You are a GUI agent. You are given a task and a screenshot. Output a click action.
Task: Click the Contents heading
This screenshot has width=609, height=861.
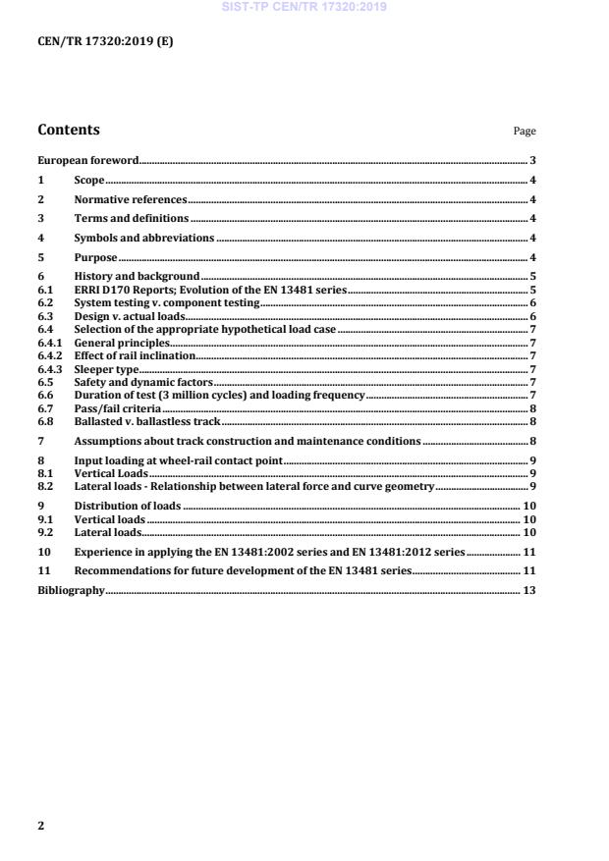coord(68,130)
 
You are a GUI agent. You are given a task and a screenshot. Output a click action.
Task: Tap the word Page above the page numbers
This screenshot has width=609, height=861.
coord(525,132)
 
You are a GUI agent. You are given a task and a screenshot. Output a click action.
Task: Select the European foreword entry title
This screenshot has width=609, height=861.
coord(87,160)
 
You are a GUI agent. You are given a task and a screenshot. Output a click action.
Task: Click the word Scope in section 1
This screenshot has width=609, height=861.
coord(89,181)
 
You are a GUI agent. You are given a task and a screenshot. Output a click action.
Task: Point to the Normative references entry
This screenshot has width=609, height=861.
coord(131,199)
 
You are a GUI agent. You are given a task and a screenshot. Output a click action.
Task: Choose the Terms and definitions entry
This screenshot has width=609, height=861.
coord(132,219)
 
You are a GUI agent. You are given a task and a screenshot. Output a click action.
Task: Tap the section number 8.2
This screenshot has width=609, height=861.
coord(44,486)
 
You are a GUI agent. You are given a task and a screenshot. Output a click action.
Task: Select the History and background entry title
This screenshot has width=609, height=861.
coord(137,277)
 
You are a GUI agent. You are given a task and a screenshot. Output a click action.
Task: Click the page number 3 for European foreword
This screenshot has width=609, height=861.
coord(531,160)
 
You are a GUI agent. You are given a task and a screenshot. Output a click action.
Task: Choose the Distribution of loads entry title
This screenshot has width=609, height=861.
coord(128,506)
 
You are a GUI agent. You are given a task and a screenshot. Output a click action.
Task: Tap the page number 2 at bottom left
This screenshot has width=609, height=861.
coord(40,826)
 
